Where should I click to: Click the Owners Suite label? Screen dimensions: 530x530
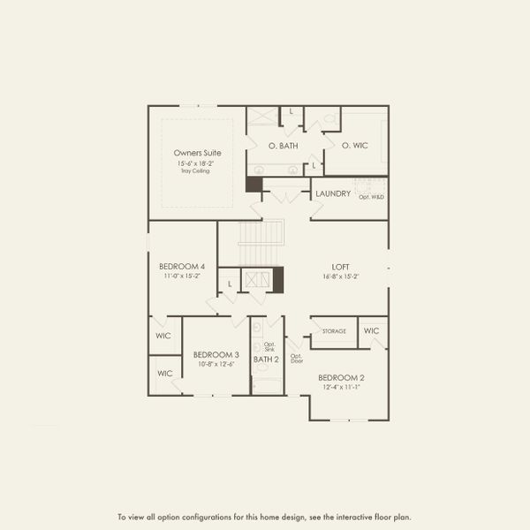(196, 153)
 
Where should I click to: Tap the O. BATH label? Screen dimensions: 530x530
(283, 146)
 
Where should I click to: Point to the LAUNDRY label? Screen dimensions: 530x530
(333, 193)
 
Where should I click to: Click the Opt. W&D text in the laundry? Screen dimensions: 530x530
(371, 196)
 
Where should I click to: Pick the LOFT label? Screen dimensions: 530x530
(341, 266)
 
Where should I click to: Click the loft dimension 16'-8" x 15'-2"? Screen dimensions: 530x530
(341, 276)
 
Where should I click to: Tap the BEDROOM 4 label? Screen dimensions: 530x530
(182, 266)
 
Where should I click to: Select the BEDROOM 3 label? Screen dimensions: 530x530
(216, 354)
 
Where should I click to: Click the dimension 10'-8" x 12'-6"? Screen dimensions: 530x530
(216, 364)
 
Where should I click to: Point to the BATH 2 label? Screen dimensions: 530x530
(266, 360)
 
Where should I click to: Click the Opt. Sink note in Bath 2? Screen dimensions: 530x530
(269, 346)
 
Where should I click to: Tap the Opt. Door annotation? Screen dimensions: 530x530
(297, 359)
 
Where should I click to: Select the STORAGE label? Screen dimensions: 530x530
(334, 332)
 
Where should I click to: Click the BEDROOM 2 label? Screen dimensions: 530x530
(341, 376)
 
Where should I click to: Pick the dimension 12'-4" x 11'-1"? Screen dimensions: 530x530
(341, 386)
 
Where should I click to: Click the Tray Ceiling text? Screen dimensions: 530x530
(196, 170)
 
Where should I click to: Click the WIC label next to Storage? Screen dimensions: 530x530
(372, 331)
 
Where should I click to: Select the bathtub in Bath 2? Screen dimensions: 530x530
(266, 384)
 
